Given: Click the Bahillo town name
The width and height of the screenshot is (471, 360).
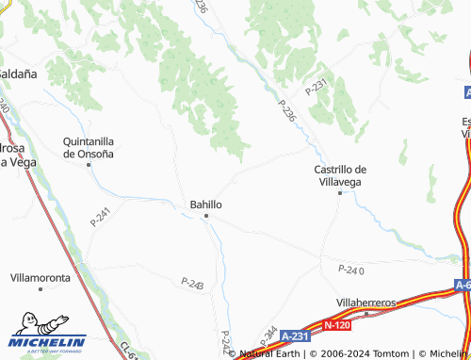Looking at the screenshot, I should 205,204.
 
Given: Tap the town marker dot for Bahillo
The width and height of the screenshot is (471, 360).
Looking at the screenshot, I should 207,217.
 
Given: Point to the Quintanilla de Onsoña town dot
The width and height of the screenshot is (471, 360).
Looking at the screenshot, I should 89,165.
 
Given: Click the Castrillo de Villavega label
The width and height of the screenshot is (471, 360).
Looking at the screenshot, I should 340,174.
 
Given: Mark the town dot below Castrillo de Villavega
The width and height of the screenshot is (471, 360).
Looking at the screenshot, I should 340,192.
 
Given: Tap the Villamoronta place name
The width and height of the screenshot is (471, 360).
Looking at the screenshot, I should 41,279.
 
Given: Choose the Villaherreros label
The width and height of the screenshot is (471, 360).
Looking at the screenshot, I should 366,302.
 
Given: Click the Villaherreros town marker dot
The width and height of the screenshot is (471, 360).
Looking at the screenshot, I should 367,313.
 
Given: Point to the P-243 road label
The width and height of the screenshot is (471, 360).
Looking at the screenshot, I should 192,283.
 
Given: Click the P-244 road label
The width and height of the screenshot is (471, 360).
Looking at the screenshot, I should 267,335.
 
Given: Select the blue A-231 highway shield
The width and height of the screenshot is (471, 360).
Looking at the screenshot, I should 295,335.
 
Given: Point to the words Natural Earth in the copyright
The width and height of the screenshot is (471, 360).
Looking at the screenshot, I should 271,353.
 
